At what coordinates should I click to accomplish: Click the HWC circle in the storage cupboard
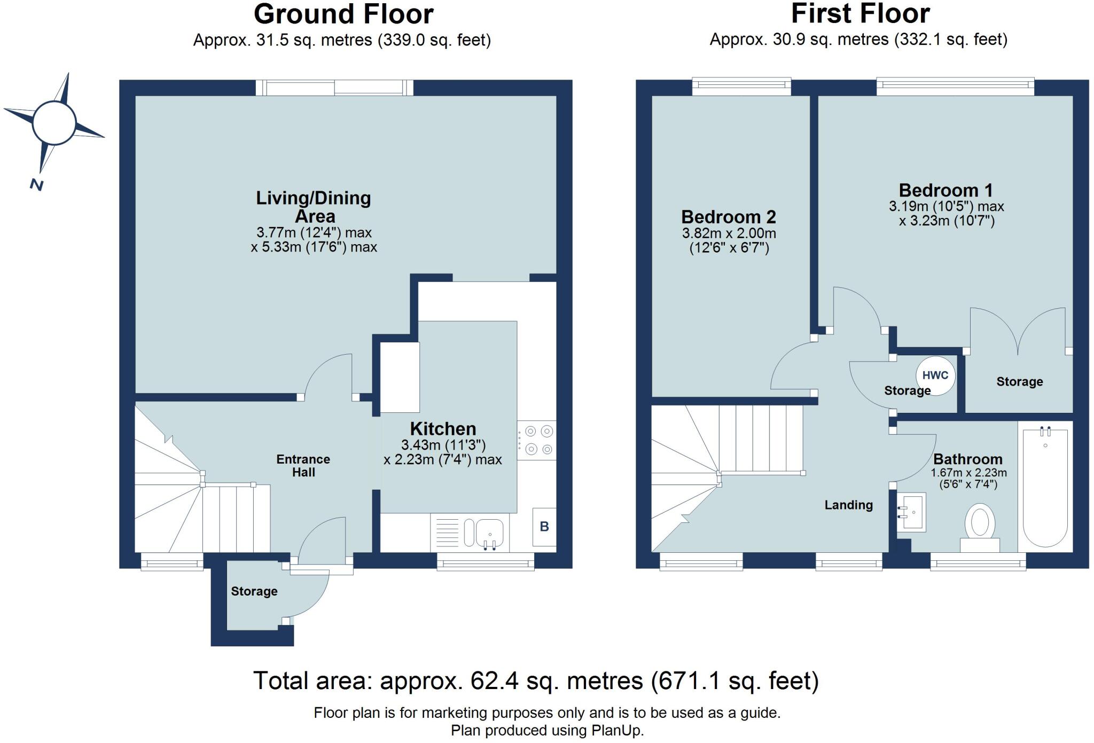pos(935,375)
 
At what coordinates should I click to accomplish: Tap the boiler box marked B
pos(544,527)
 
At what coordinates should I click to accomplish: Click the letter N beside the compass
pos(36,185)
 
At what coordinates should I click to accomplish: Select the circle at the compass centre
pos(53,122)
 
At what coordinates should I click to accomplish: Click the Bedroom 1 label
pos(945,190)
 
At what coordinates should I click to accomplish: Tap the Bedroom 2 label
pos(729,217)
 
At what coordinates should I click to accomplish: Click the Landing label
pos(848,505)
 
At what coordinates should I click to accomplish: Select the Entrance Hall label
pos(303,465)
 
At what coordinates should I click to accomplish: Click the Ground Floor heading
pos(343,14)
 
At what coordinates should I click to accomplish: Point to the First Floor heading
pos(860,14)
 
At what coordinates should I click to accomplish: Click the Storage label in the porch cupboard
pos(254,591)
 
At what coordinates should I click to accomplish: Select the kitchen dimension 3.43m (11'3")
pos(443,444)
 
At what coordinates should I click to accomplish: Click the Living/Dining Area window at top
pos(334,87)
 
